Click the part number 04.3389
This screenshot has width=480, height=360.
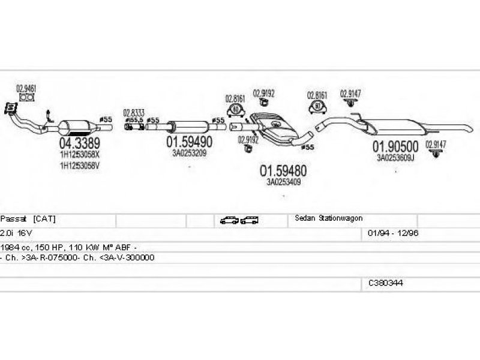79,144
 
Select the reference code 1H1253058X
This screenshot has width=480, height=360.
79,155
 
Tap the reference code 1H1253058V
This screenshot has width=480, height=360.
79,166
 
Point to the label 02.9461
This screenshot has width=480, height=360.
26,88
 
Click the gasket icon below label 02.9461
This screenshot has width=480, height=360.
26,97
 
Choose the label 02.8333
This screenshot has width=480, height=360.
134,112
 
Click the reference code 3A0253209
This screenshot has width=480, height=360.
189,153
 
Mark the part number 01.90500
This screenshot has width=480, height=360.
397,146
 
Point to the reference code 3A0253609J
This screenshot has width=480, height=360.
397,158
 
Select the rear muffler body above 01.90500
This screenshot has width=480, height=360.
396,127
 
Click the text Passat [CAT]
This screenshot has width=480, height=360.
28,218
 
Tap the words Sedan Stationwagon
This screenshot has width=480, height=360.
329,218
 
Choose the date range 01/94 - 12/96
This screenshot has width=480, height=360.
389,232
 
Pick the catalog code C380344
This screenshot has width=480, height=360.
386,282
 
